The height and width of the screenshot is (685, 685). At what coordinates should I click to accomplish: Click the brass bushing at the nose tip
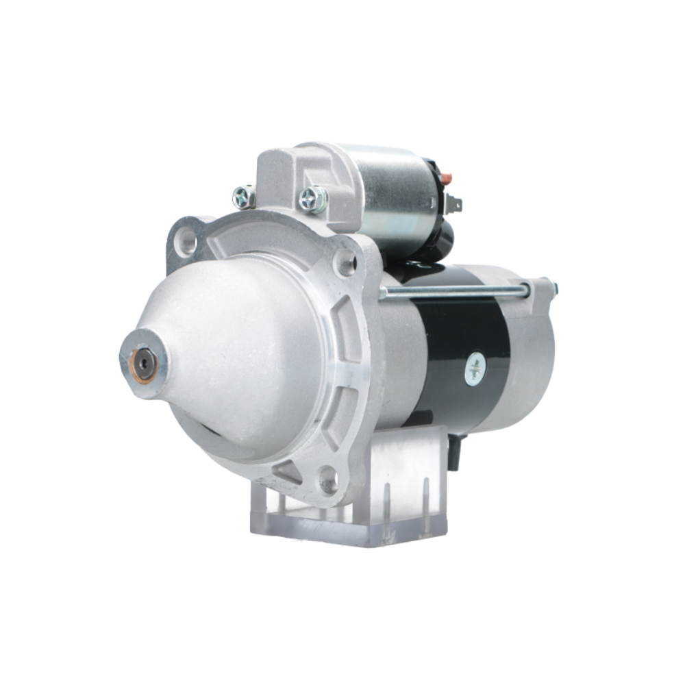[x=144, y=364]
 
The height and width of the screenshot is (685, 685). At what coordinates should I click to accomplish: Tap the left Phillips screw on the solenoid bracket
[x=243, y=197]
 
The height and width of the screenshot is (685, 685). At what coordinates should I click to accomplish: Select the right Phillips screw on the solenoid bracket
[x=312, y=199]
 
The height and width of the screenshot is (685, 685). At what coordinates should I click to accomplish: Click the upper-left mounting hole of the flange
[x=185, y=240]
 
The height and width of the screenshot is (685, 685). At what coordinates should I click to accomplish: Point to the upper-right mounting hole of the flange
[x=345, y=262]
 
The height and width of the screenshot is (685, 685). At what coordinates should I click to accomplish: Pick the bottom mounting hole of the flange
[x=328, y=482]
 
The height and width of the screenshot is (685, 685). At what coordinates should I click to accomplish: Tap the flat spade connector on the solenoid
[x=453, y=203]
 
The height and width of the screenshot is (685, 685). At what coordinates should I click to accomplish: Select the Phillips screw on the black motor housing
[x=475, y=370]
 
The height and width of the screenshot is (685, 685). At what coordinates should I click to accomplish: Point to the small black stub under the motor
[x=453, y=453]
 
